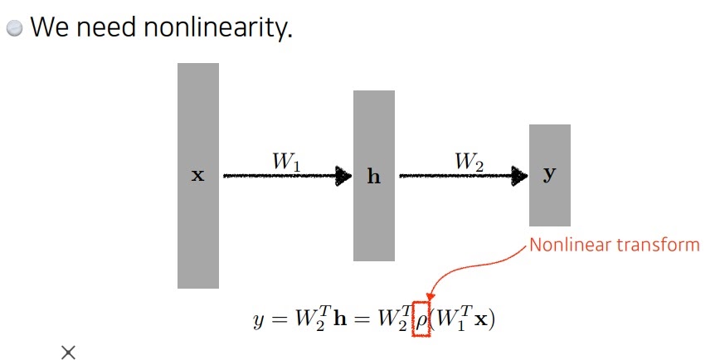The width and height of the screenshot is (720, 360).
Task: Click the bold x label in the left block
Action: pyautogui.click(x=198, y=176)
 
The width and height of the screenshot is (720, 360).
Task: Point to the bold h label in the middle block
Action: pyautogui.click(x=373, y=177)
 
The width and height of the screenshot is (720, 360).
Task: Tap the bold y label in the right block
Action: pyautogui.click(x=549, y=175)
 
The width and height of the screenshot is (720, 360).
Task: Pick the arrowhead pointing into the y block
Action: pyautogui.click(x=520, y=176)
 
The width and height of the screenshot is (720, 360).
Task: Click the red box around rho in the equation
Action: pyautogui.click(x=422, y=319)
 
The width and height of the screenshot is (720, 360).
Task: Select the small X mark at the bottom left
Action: pyautogui.click(x=68, y=353)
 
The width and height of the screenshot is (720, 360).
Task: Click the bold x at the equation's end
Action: pyautogui.click(x=479, y=319)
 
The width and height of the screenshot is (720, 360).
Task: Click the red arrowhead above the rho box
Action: pyautogui.click(x=430, y=297)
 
